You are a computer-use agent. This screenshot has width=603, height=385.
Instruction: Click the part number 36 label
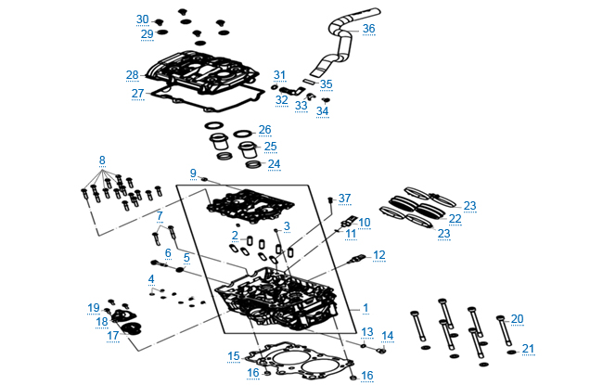pyautogui.click(x=368, y=29)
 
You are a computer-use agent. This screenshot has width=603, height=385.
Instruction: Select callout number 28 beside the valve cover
pyautogui.click(x=132, y=74)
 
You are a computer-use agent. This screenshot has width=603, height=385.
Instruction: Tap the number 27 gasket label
pyautogui.click(x=137, y=93)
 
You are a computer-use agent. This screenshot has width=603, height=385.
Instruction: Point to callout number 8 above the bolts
pyautogui.click(x=102, y=160)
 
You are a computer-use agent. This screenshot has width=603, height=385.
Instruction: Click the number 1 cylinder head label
pyautogui.click(x=366, y=306)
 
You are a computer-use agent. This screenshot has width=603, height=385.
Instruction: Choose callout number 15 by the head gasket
pyautogui.click(x=234, y=355)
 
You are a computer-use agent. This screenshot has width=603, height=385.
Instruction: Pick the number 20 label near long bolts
pyautogui.click(x=517, y=318)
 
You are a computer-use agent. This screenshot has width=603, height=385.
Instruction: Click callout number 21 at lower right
pyautogui.click(x=528, y=349)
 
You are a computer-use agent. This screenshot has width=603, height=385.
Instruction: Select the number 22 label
pyautogui.click(x=455, y=219)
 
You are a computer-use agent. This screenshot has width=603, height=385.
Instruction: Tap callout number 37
pyautogui.click(x=345, y=199)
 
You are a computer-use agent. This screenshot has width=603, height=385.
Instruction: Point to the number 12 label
pyautogui.click(x=378, y=254)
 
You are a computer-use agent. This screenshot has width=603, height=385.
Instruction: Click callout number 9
pyautogui.click(x=193, y=173)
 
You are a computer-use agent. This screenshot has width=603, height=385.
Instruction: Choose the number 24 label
pyautogui.click(x=274, y=163)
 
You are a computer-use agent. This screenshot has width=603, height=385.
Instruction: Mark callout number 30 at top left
pyautogui.click(x=142, y=19)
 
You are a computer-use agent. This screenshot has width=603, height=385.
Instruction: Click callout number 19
pyautogui.click(x=94, y=307)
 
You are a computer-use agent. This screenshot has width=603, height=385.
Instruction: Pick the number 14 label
pyautogui.click(x=387, y=335)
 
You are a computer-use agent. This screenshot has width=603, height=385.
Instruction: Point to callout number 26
pyautogui.click(x=264, y=129)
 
